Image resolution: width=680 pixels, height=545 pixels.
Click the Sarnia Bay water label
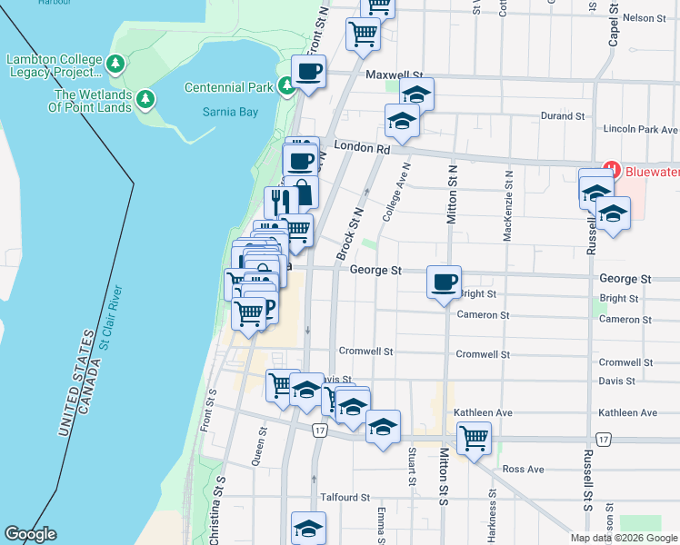pos(230,113)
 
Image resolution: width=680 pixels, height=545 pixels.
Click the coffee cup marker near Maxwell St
pos(308,72)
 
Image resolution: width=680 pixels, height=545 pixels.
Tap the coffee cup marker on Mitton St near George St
pos(444,282)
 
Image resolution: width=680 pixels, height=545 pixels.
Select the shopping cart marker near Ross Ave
pos(474,438)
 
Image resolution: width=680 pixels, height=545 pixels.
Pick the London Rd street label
pos(361,147)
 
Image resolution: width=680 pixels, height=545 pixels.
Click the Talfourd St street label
pos(345,498)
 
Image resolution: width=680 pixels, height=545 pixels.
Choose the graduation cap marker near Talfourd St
pos(308,528)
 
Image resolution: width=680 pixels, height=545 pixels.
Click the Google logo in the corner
pos(30,534)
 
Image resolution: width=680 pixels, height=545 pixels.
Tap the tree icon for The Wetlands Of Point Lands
pos(145,100)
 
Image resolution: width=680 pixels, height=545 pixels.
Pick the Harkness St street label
pos(492,513)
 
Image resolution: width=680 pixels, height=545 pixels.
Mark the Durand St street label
pos(562,116)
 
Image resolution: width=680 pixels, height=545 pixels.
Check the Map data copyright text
pos(624,538)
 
